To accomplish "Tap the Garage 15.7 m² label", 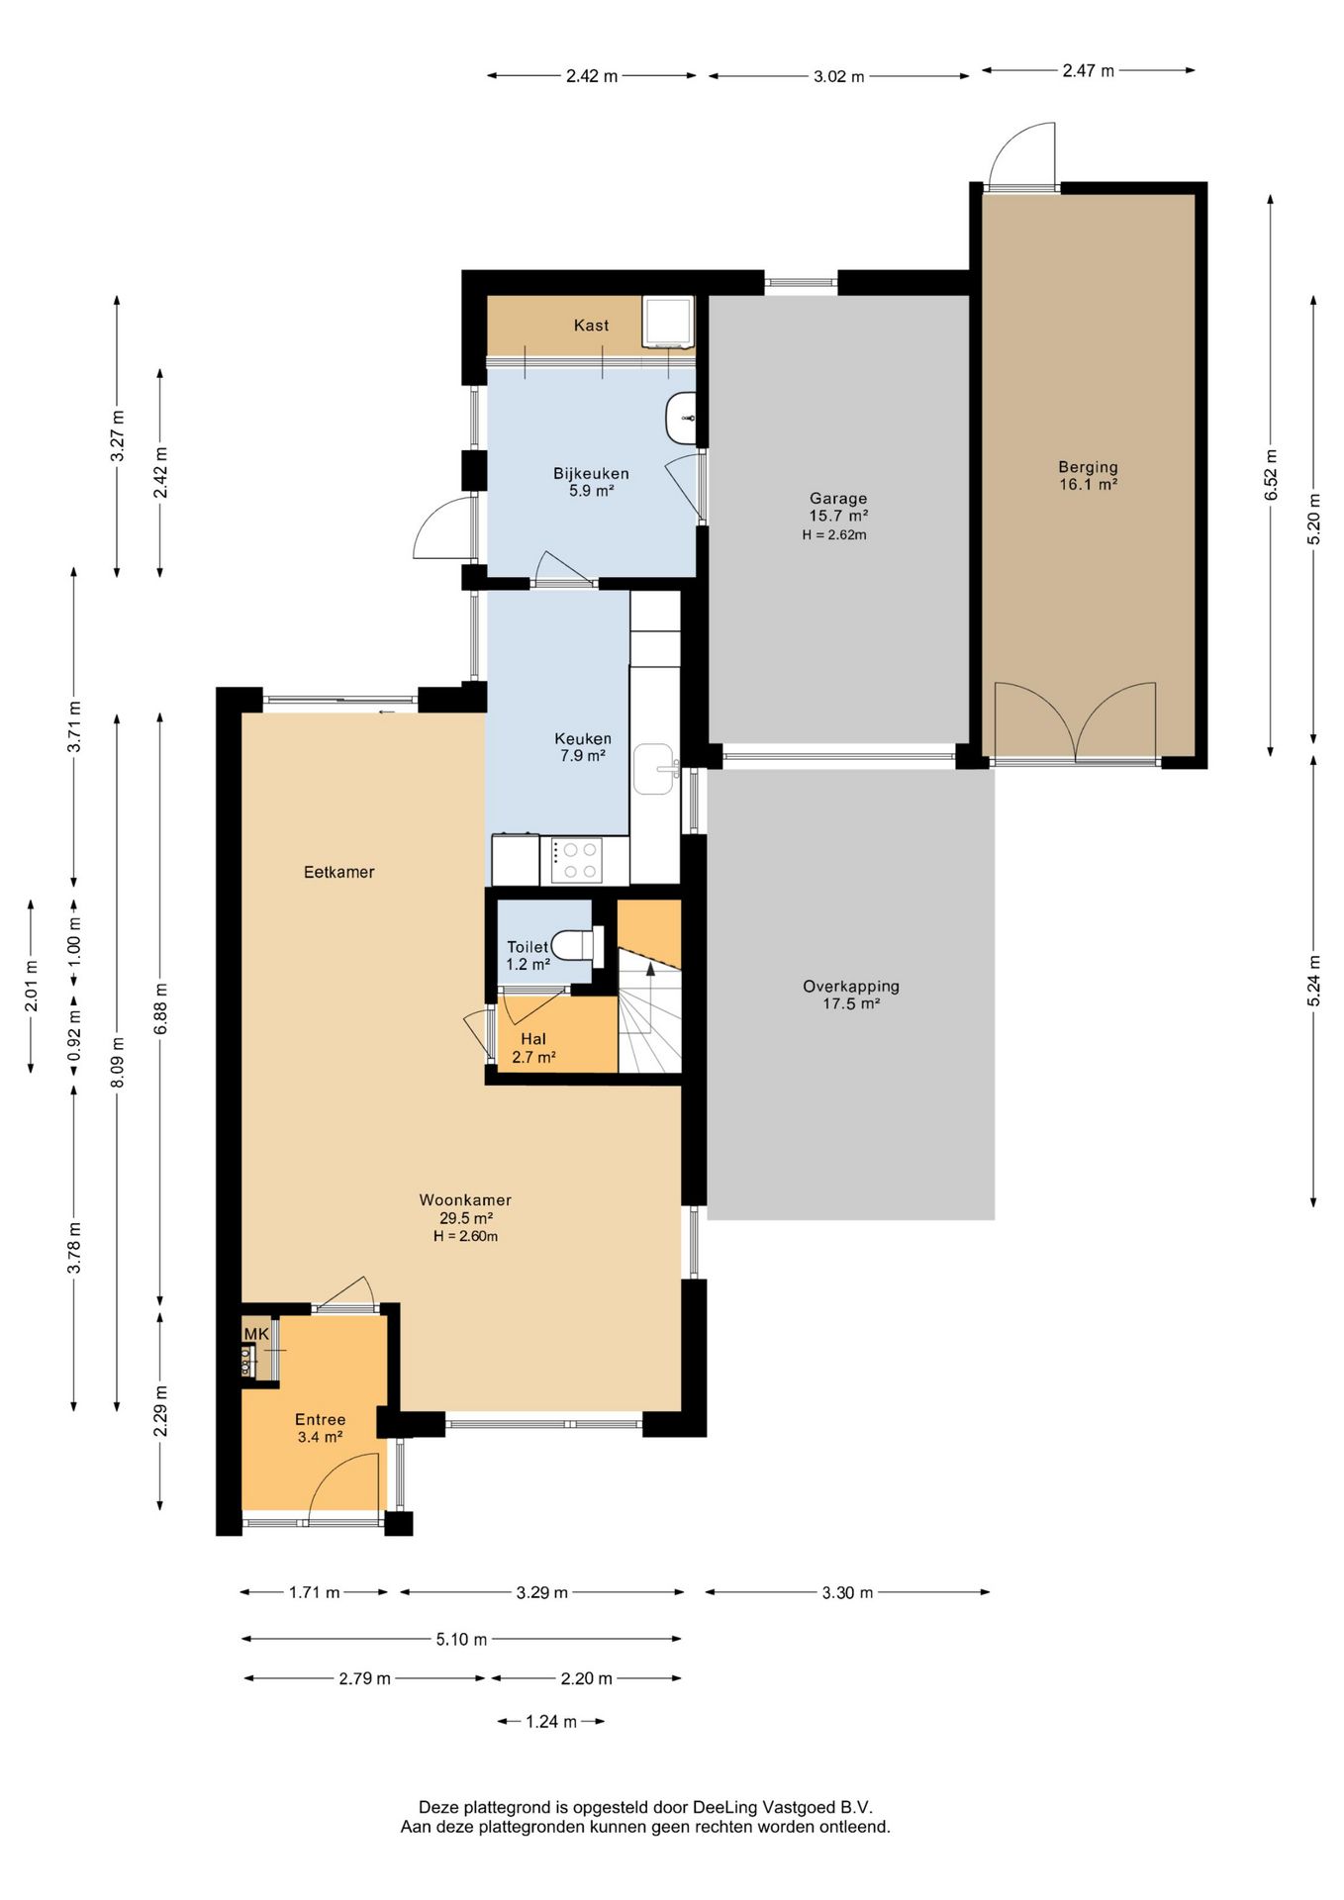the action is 838,507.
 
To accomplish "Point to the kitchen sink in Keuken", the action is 654,769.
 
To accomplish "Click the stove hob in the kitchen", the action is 577,860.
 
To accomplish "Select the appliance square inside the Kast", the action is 666,322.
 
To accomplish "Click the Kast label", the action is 592,326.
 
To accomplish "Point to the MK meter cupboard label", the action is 256,1334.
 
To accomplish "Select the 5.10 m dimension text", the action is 461,1640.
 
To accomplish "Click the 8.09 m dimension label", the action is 118,1063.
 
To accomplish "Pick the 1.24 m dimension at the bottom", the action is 551,1722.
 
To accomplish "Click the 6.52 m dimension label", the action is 1272,475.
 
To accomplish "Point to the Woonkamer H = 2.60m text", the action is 465,1236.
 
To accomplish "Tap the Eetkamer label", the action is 339,872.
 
